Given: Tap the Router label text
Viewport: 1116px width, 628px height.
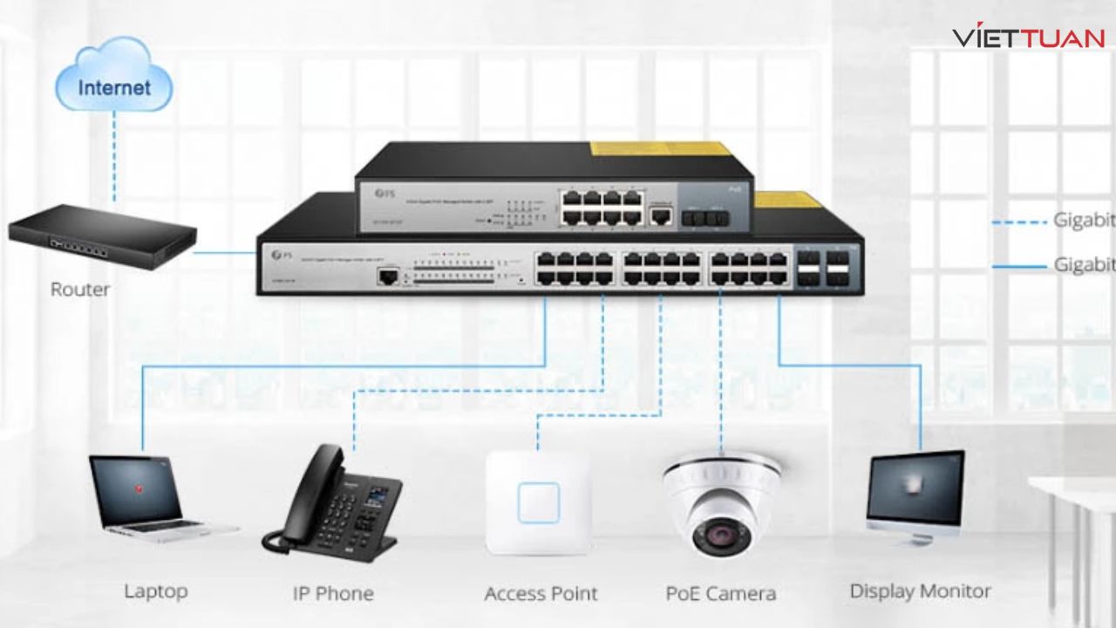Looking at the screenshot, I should tap(80, 290).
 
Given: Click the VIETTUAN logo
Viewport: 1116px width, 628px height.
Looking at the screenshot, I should tap(1029, 37).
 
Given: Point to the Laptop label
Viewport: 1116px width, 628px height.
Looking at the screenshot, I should tap(155, 591).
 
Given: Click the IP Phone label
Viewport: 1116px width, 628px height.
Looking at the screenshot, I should tap(332, 594).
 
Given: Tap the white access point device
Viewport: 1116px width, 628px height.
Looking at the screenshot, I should tap(538, 502).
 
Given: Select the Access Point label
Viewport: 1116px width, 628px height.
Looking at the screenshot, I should tap(541, 594).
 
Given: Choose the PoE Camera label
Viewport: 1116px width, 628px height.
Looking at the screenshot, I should tap(720, 594).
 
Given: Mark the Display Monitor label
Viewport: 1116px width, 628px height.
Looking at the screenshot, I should tap(920, 591).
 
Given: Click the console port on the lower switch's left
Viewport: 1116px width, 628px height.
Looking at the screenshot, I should tap(388, 276).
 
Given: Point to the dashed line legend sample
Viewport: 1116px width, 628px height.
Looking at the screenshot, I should tap(1018, 222).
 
